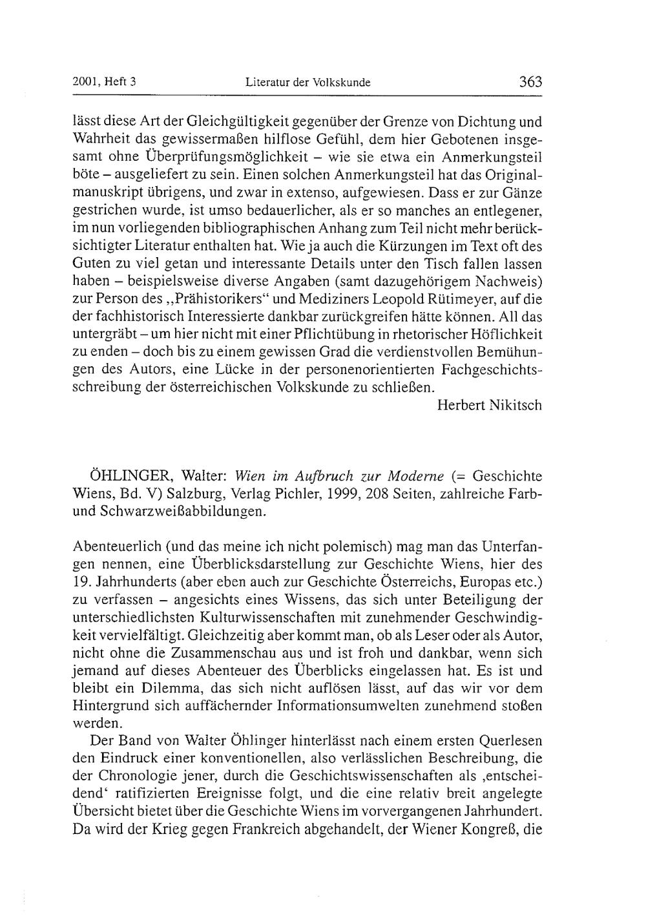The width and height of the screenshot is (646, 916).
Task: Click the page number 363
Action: pos(529,82)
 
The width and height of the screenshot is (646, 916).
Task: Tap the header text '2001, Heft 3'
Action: pos(107,82)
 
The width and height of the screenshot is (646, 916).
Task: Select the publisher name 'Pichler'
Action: pos(304,494)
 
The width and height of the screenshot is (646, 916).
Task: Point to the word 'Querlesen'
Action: pos(510,740)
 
